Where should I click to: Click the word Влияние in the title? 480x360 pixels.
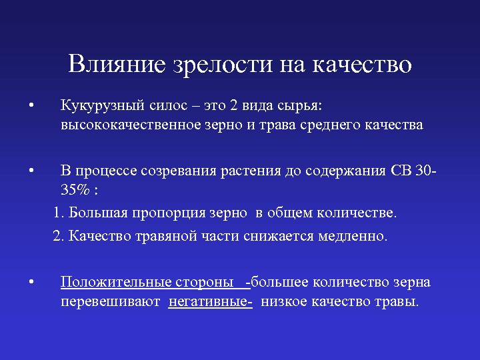click(x=117, y=64)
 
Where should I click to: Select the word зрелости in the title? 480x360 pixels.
click(x=223, y=65)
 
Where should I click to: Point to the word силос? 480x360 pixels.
click(x=169, y=105)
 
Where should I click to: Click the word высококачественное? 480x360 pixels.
click(x=131, y=125)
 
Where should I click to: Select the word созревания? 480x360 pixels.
click(x=179, y=171)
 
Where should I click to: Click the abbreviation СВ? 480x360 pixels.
click(x=401, y=171)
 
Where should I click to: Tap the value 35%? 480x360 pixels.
click(x=75, y=190)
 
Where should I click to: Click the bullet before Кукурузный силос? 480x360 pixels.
click(x=31, y=105)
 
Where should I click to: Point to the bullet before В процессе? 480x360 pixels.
click(x=31, y=171)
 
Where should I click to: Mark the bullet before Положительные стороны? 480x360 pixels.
click(x=31, y=282)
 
